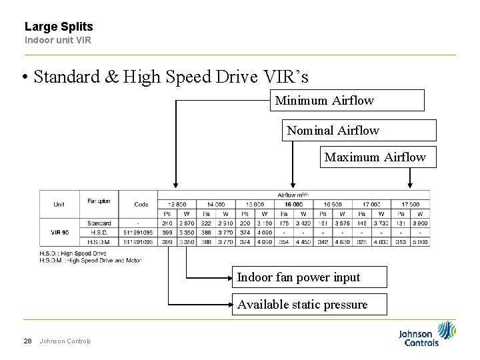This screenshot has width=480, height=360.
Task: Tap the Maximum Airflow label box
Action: coord(378,157)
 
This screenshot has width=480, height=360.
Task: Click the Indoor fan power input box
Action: coord(299,277)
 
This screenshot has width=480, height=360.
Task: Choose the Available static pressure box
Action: coord(302,305)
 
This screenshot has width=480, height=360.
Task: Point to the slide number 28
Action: coord(28,341)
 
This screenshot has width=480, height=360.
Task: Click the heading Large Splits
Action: coord(59,27)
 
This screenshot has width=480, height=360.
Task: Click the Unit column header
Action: coord(59,204)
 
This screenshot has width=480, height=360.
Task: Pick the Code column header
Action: coord(141,204)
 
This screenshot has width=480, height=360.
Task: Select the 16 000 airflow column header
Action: coord(293,204)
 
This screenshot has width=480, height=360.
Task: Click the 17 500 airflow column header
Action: coord(411,204)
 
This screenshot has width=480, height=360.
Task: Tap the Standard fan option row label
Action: coord(98,223)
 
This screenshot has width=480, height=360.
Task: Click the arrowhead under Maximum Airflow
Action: coord(409,187)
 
